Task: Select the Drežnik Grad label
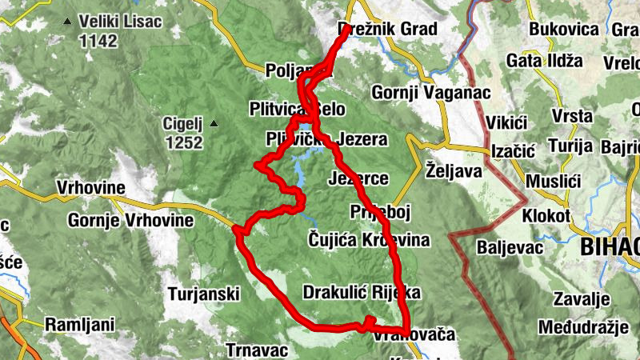point(388,30)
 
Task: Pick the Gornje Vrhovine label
point(131,220)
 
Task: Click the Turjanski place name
point(204,294)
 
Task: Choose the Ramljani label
point(80,325)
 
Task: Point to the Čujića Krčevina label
point(369,240)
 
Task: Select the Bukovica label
point(564,30)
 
